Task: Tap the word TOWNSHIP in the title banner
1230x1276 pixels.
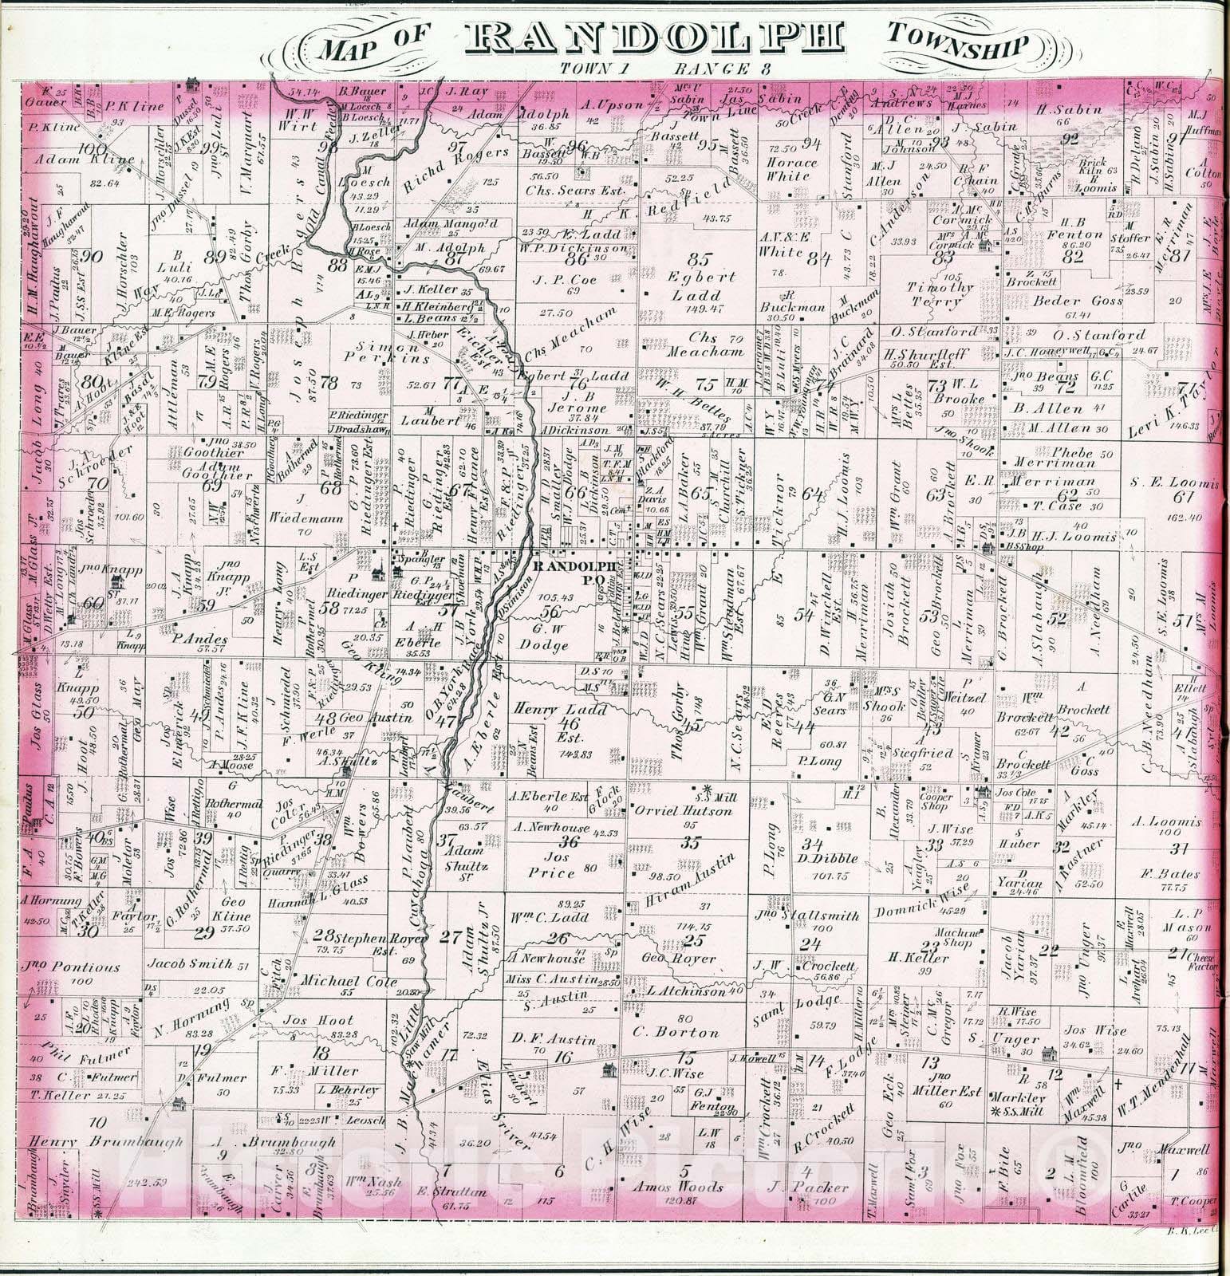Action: tap(955, 44)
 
